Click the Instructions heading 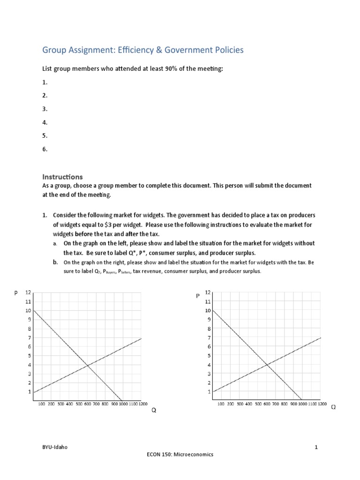tap(62, 177)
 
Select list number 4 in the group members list tap(45, 122)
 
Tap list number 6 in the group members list tap(45, 150)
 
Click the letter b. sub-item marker tap(55, 262)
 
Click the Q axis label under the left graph tap(153, 410)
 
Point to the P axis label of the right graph tap(198, 296)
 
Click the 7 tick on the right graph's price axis tap(209, 337)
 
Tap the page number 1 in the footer tap(316, 447)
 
